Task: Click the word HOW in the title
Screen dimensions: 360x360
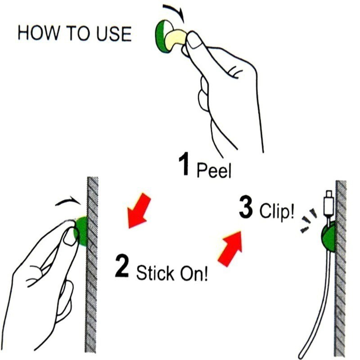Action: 38,33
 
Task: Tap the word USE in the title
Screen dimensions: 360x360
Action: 114,34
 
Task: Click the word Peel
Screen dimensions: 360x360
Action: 214,170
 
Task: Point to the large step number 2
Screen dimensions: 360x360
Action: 121,266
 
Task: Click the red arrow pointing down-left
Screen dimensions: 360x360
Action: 138,211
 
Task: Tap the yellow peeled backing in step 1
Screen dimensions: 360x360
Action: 175,37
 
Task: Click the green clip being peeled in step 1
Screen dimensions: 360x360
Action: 162,36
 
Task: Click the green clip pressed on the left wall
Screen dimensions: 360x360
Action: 81,230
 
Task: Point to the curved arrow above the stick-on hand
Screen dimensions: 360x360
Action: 68,201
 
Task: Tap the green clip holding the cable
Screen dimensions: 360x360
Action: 328,238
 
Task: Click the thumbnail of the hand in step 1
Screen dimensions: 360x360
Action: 194,40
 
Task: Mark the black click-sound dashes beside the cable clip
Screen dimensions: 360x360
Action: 309,220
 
